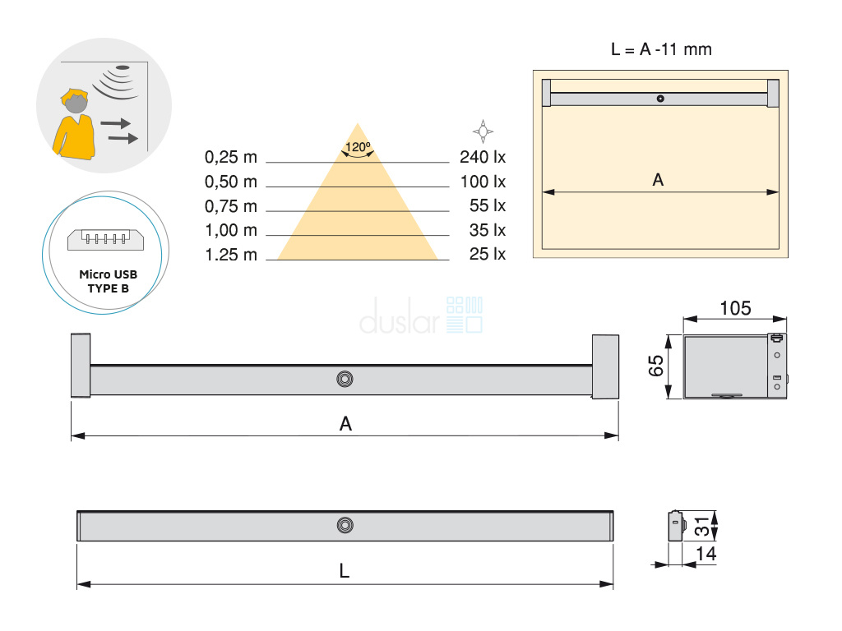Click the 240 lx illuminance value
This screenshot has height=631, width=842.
click(x=482, y=157)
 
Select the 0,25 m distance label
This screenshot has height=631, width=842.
click(x=231, y=157)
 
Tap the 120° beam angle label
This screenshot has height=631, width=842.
click(x=358, y=146)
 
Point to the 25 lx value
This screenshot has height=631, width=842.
click(x=487, y=254)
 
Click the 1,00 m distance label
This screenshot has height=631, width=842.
click(x=231, y=231)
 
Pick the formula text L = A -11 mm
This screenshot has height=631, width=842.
click(x=661, y=49)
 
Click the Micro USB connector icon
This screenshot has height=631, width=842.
click(x=106, y=240)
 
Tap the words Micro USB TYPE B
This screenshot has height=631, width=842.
click(x=108, y=281)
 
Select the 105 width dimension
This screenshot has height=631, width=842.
click(x=735, y=308)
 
